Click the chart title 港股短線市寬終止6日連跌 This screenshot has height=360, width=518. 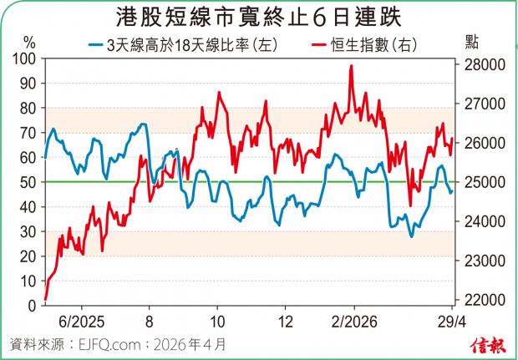[x=259, y=15]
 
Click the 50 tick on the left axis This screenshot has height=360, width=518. [x=28, y=182]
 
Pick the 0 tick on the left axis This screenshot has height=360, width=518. [x=31, y=305]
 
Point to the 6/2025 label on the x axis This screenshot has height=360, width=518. [x=80, y=321]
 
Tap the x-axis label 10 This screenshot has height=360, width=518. [x=216, y=321]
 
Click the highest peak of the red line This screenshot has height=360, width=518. [x=351, y=66]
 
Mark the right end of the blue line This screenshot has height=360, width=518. [x=452, y=191]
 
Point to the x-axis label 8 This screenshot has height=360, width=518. [x=149, y=321]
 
